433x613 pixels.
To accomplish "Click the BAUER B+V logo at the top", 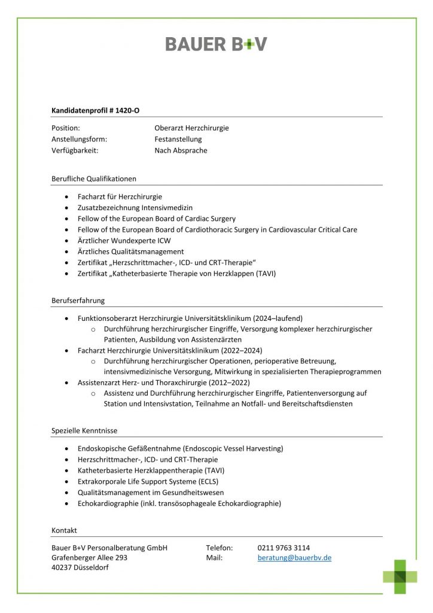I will (x=216, y=44).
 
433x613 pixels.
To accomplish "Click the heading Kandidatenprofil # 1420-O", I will (x=96, y=110).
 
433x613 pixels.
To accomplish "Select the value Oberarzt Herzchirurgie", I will (x=191, y=128).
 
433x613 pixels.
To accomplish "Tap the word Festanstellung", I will (x=178, y=139).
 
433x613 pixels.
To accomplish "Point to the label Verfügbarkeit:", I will (x=75, y=151).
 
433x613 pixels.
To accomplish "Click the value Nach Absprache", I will (x=181, y=151).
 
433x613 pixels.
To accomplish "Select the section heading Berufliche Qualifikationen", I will (x=94, y=178).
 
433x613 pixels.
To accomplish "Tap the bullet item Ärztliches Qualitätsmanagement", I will (x=131, y=251).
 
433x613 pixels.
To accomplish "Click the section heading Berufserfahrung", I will (x=78, y=301).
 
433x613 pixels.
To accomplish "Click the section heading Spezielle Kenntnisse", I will (x=84, y=430).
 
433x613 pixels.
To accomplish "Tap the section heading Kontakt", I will (x=64, y=530).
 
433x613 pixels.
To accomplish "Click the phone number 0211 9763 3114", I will (x=283, y=548).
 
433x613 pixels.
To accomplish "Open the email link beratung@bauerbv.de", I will (x=294, y=558).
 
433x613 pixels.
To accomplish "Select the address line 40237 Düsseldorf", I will (x=80, y=568).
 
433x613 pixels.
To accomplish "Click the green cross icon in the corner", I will (x=400, y=576).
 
